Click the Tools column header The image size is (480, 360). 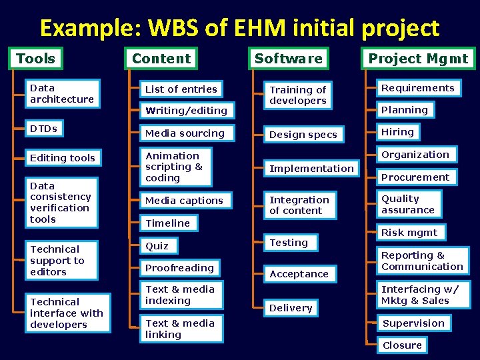coord(36,59)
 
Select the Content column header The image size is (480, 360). coord(161,59)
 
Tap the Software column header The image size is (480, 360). coord(288,59)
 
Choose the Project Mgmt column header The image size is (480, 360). coord(418,59)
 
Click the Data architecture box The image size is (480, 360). coord(62,94)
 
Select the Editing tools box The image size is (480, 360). coord(63,158)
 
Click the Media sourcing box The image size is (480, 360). coord(185,133)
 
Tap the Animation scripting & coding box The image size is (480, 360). coord(175,167)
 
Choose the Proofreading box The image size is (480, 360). coord(179,268)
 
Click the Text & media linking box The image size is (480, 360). coord(180,329)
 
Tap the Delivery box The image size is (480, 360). coord(291,308)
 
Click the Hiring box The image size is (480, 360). coord(397,132)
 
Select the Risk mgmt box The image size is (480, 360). coord(409,233)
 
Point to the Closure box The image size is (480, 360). coord(402,345)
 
